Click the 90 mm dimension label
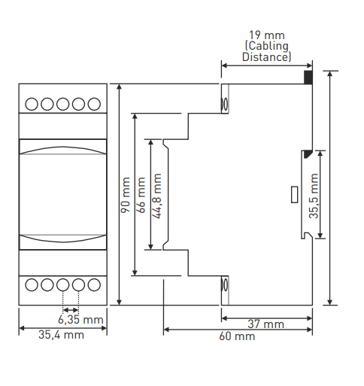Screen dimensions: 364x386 [x=126, y=195]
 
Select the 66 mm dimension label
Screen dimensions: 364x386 [x=141, y=195]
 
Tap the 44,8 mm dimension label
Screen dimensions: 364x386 [x=157, y=196]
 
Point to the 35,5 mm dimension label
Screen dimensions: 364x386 [x=314, y=196]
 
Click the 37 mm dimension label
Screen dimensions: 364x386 [x=266, y=324]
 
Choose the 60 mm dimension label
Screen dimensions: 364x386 [x=237, y=336]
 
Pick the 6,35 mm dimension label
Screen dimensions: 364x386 [x=80, y=320]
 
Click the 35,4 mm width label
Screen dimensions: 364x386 [x=61, y=335]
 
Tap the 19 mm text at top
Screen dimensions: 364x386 [x=267, y=35]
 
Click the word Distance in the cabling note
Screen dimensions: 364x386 [x=265, y=56]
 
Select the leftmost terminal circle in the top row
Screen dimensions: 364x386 [x=32, y=104]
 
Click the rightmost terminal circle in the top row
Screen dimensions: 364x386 [x=94, y=104]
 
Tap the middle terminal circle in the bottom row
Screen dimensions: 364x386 [x=63, y=284]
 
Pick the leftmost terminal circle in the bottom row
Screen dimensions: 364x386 [x=32, y=284]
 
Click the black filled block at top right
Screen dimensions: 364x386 [x=308, y=78]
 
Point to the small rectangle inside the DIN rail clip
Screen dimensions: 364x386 [x=294, y=195]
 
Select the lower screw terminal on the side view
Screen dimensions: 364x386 [x=224, y=284]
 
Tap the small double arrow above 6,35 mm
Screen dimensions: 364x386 [x=71, y=310]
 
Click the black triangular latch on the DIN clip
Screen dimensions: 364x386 [x=308, y=154]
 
